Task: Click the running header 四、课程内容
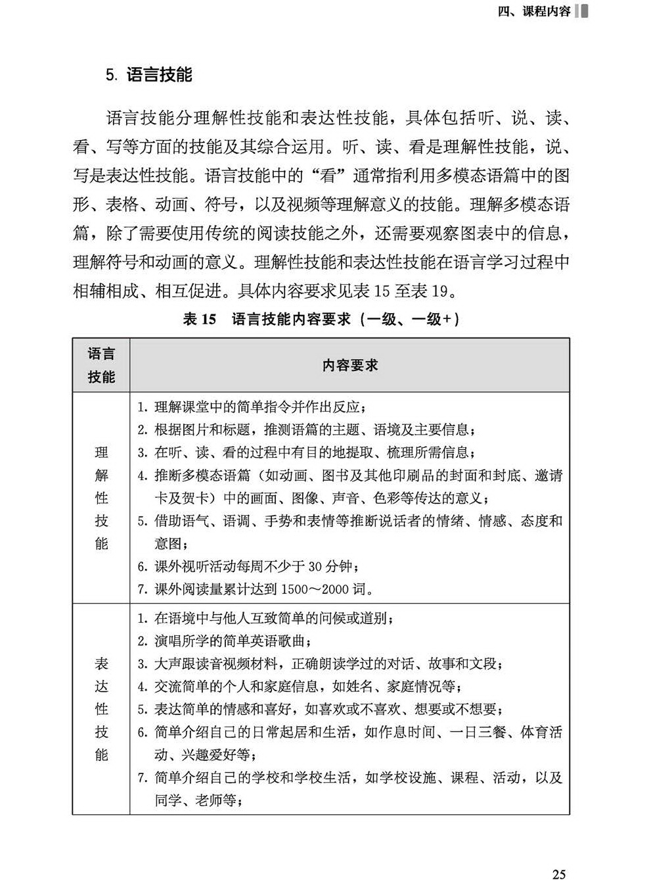click(x=534, y=11)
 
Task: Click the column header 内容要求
click(x=349, y=365)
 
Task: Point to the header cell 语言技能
click(x=101, y=365)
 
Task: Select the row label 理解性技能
click(x=101, y=498)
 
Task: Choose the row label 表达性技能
click(x=101, y=709)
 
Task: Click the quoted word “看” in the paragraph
click(x=326, y=176)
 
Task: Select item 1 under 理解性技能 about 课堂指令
click(x=250, y=407)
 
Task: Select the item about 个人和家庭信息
click(x=299, y=687)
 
